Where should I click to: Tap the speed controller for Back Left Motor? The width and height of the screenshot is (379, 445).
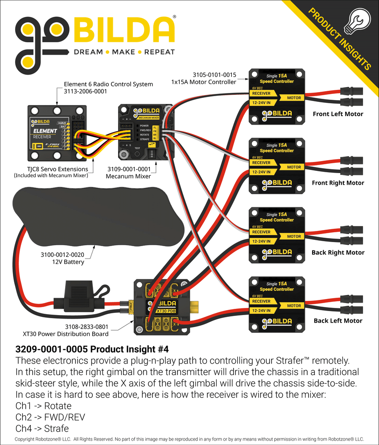276,305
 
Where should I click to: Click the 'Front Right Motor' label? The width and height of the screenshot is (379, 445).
338,183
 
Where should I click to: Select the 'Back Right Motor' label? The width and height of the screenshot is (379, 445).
338,252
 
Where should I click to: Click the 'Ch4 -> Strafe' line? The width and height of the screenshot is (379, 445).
42,429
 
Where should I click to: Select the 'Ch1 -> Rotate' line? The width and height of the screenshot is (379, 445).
43,405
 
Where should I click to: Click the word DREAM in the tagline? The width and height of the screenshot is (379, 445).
88,52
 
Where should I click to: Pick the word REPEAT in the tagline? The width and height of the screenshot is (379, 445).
159,52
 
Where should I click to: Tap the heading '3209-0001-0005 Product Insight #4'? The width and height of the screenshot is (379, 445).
92,348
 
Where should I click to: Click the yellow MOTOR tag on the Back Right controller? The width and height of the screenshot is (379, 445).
294,236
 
